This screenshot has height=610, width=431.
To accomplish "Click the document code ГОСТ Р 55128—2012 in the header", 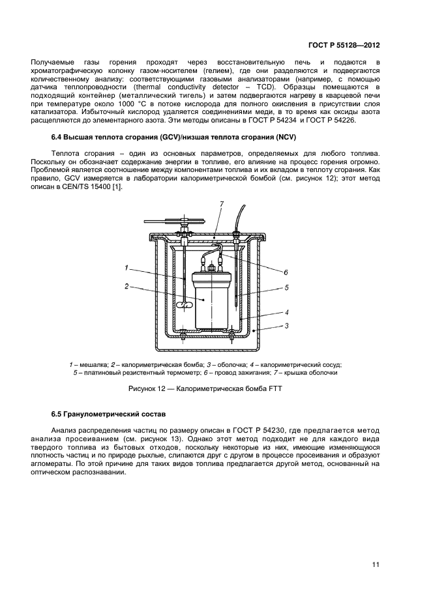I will point(343,46).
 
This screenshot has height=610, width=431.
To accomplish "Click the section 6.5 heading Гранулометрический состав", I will point(108,414).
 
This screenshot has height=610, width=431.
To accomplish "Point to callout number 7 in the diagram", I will point(222,205).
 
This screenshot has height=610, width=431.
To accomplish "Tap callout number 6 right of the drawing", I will point(285,272).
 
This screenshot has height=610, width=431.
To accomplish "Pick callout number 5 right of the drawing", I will point(285,287).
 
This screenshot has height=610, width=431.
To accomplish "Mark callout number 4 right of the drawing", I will point(285,312).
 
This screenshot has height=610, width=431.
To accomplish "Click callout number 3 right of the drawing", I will point(285,325).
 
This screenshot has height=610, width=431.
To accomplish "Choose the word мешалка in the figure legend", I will point(89,364).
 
